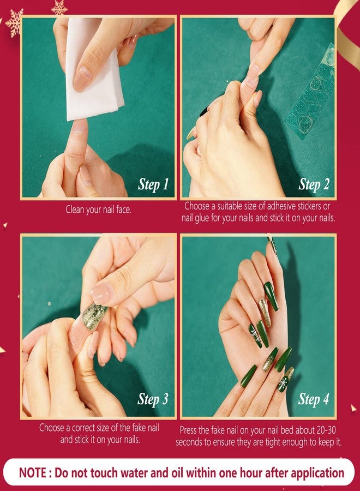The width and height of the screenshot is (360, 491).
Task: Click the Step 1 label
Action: [153, 184]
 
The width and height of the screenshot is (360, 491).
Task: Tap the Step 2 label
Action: [314, 184]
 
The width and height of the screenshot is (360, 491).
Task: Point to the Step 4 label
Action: [314, 399]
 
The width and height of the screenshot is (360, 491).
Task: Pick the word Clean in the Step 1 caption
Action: [77, 209]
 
